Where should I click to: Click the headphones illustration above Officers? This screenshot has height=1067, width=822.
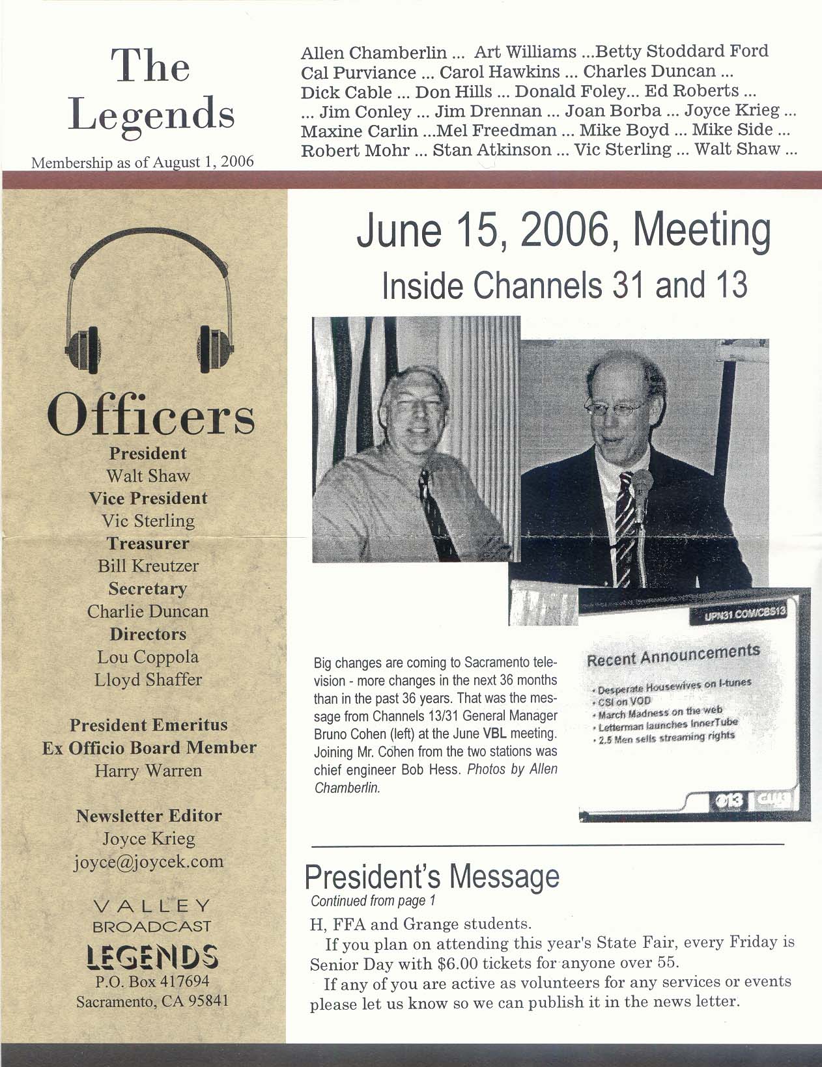coord(149,299)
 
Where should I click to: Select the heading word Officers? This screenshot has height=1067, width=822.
coord(150,417)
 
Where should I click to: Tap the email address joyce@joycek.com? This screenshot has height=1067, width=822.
coord(149,861)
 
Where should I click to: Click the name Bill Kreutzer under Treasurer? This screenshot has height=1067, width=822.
coord(149,566)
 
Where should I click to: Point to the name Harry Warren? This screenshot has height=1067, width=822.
coord(149,771)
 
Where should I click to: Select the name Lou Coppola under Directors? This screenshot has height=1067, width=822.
coord(149,657)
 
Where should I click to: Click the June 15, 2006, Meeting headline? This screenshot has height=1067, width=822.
coord(563,231)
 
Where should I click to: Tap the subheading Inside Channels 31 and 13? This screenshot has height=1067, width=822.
coord(564,285)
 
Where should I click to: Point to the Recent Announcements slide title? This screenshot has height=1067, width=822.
coord(673,655)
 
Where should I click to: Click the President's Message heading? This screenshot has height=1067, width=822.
coord(432,878)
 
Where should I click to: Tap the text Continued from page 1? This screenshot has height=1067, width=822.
coord(373,901)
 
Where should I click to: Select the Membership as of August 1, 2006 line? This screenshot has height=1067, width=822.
coord(143,161)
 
